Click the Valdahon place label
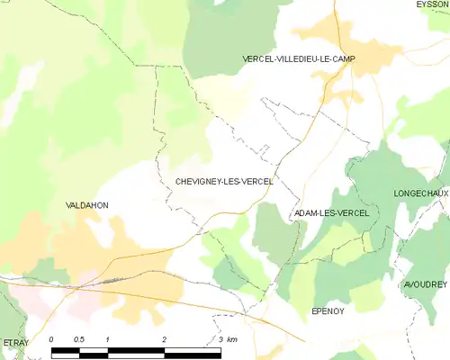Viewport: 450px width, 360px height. pyautogui.click(x=87, y=205)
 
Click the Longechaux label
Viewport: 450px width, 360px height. pyautogui.click(x=420, y=193)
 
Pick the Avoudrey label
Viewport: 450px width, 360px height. pyautogui.click(x=426, y=284)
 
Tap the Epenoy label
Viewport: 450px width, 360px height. pyautogui.click(x=329, y=310)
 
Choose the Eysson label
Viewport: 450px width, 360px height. pyautogui.click(x=432, y=4)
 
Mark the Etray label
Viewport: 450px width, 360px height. pyautogui.click(x=15, y=343)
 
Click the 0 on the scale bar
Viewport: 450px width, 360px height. pyautogui.click(x=51, y=338)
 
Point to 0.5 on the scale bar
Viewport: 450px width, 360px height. pyautogui.click(x=79, y=338)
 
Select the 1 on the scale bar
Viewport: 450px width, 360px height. pyautogui.click(x=107, y=338)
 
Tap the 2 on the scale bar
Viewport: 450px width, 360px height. pyautogui.click(x=164, y=338)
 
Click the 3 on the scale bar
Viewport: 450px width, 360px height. pyautogui.click(x=220, y=338)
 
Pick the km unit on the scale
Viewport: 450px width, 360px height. pyautogui.click(x=232, y=338)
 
